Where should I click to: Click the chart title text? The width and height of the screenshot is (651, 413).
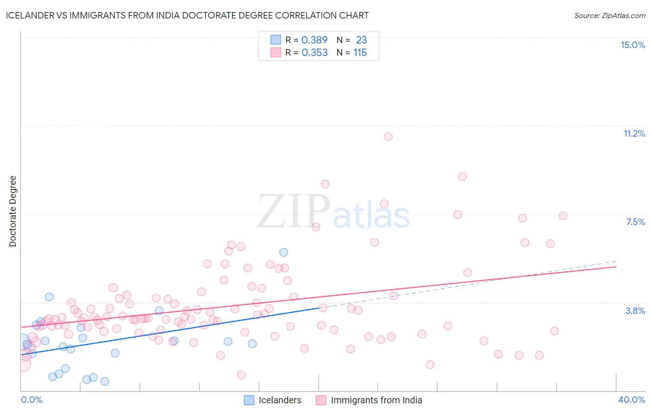tap(187, 15)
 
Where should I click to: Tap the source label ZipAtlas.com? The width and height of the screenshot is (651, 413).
tap(609, 15)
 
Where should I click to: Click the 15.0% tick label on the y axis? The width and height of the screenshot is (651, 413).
tap(632, 45)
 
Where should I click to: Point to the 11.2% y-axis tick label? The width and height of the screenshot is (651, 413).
tap(634, 133)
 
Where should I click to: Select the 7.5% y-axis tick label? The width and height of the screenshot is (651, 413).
tap(635, 222)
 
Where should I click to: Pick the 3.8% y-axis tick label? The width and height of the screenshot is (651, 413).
tap(635, 311)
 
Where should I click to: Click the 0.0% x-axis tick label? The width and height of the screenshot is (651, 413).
tap(31, 400)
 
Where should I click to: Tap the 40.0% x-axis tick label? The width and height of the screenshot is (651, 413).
tap(631, 400)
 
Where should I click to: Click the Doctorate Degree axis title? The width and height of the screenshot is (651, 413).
tap(13, 211)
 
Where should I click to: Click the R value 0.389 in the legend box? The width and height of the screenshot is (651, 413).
tap(314, 40)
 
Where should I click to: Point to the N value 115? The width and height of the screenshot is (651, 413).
tap(360, 53)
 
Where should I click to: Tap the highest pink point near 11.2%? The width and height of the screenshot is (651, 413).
tap(388, 137)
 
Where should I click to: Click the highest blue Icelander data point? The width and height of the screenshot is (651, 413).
tap(283, 252)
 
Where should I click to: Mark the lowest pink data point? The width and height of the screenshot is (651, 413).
tap(241, 375)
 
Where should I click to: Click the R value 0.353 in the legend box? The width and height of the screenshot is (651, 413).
tap(314, 53)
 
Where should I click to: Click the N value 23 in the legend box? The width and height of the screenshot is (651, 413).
tap(361, 40)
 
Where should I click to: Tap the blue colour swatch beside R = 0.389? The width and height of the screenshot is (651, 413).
tap(275, 40)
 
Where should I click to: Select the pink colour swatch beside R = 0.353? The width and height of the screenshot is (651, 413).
tap(275, 52)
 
